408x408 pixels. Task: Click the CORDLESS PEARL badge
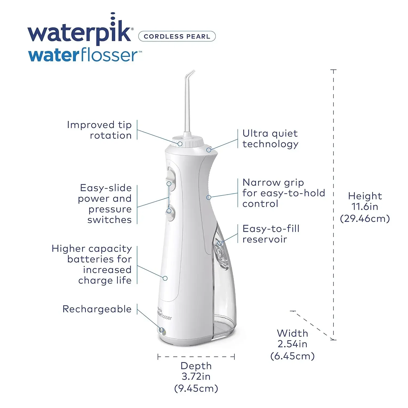pyautogui.click(x=177, y=36)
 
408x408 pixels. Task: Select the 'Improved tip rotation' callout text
pyautogui.click(x=100, y=130)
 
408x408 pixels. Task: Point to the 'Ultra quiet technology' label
pyautogui.click(x=270, y=138)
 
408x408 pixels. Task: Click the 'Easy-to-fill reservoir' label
pyautogui.click(x=271, y=234)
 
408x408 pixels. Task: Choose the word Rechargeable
pyautogui.click(x=97, y=309)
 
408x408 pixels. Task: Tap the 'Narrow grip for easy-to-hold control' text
pyautogui.click(x=283, y=193)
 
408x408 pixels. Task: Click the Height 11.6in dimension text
pyautogui.click(x=365, y=207)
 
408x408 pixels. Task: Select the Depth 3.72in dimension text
pyautogui.click(x=196, y=377)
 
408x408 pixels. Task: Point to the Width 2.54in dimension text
pyautogui.click(x=292, y=344)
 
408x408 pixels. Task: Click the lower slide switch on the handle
pyautogui.click(x=170, y=212)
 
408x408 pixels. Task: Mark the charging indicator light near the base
pyautogui.click(x=163, y=331)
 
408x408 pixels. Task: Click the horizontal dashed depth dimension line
pyautogui.click(x=196, y=357)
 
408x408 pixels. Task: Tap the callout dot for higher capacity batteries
pyautogui.click(x=165, y=278)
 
